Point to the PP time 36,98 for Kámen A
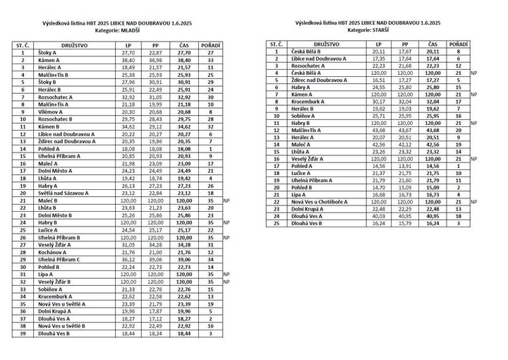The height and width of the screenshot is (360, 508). point(155,61)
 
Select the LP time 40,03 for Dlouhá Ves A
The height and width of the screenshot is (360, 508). point(377,216)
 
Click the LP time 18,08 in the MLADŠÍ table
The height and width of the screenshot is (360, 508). point(128,149)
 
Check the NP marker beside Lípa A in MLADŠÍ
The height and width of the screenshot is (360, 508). point(226,274)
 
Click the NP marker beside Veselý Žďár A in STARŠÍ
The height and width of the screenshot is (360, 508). point(473,159)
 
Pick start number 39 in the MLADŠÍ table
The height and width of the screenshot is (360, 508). point(23,333)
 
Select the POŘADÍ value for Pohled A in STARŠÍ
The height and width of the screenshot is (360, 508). point(459,165)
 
